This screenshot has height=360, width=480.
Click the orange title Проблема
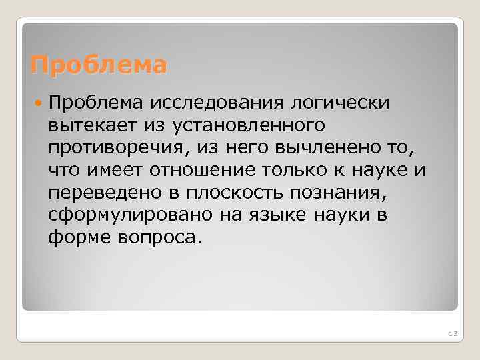tap(99, 66)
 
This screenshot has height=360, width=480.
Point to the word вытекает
tap(87, 125)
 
